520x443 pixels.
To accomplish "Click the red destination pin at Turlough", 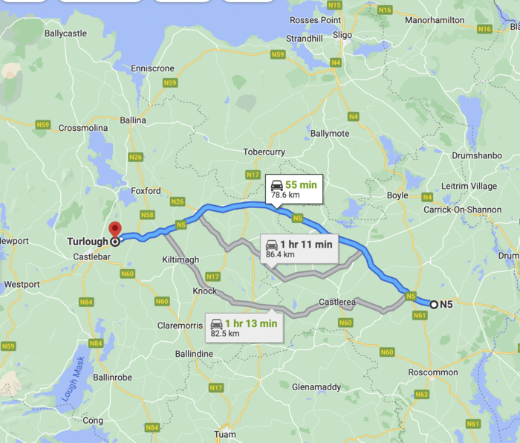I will coord(114,230).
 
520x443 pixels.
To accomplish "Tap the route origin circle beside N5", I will coord(433,303).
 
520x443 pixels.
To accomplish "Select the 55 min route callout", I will coord(292,189).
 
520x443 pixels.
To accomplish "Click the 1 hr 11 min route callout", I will coord(299,248).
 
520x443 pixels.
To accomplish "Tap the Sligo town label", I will coord(342,34).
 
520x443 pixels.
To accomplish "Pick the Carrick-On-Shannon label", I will coord(464,210).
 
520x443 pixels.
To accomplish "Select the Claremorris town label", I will coord(181,326).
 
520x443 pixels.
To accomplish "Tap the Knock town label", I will coord(206,290).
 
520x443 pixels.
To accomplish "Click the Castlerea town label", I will coord(337,303).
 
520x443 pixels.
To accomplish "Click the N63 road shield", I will coord(421,395).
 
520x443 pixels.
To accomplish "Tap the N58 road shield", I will coord(147,215).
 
